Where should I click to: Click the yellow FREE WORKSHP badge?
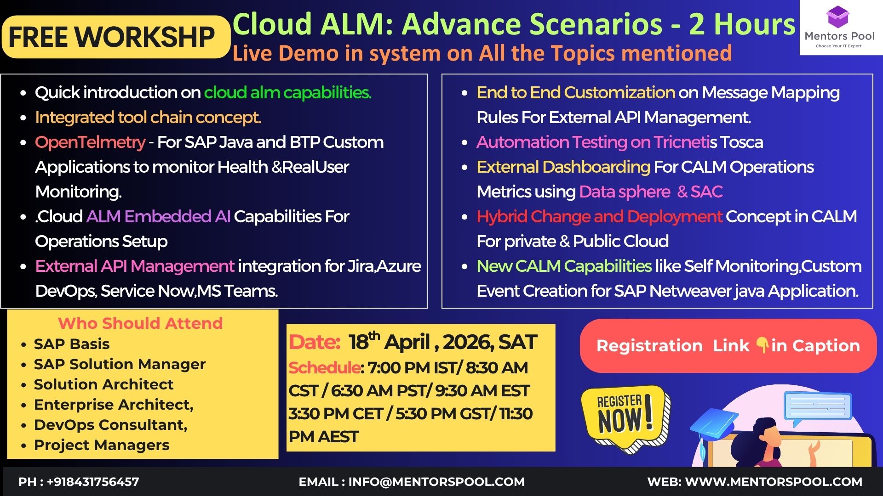click(116, 37)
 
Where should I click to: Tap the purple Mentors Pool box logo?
click(837, 17)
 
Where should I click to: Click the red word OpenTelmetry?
click(90, 142)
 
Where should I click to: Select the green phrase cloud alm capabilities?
click(287, 93)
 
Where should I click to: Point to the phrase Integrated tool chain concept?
click(148, 118)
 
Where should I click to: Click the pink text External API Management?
click(135, 266)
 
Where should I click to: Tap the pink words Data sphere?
click(625, 192)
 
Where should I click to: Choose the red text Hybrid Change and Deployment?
click(599, 217)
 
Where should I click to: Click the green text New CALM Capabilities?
click(564, 266)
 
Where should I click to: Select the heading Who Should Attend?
click(140, 323)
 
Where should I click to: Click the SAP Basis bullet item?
click(72, 344)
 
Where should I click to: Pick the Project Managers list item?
click(102, 445)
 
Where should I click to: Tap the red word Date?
click(315, 342)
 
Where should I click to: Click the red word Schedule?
click(325, 368)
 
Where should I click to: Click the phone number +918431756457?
click(93, 482)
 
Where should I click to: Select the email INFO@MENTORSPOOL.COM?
click(436, 482)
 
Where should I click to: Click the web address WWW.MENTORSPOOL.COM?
click(774, 482)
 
